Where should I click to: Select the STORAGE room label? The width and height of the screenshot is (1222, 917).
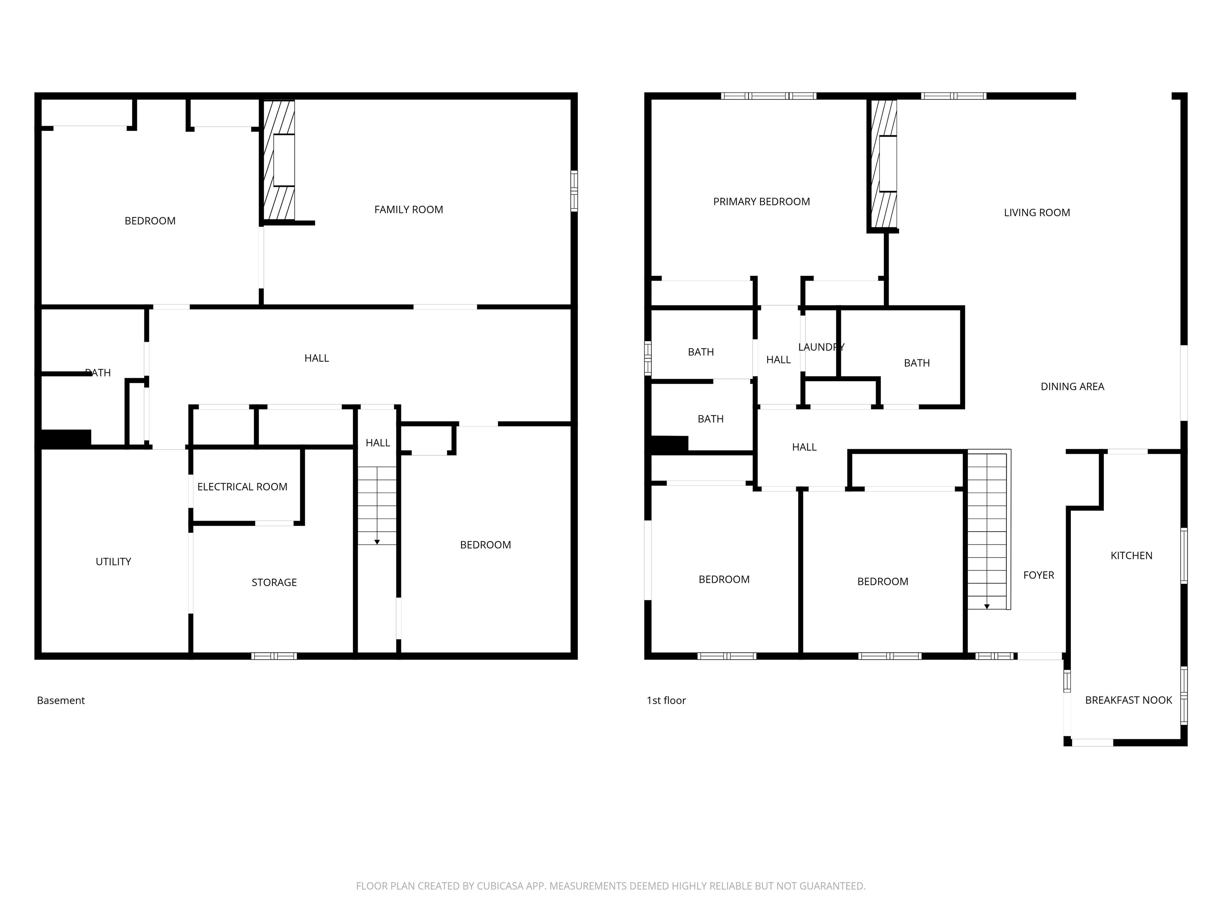coord(274,583)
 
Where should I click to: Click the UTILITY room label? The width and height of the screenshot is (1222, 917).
coord(113,562)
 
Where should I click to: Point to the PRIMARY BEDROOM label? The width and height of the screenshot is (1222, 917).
coord(761,202)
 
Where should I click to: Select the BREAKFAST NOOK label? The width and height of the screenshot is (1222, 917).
coord(1128,700)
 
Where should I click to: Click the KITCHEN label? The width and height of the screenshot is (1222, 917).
coord(1131,556)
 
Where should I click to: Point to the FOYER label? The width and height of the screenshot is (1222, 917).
coord(1038,576)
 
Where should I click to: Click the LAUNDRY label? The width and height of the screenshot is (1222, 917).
coord(820,347)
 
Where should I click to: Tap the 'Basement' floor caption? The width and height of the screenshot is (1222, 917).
coord(61,700)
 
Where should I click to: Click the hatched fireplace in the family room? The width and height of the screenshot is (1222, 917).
coord(279,160)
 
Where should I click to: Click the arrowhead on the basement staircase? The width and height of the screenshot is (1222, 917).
coord(377,542)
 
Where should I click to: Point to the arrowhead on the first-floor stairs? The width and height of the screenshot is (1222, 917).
coord(987,607)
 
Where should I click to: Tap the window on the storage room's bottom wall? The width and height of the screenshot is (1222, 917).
coord(274,656)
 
